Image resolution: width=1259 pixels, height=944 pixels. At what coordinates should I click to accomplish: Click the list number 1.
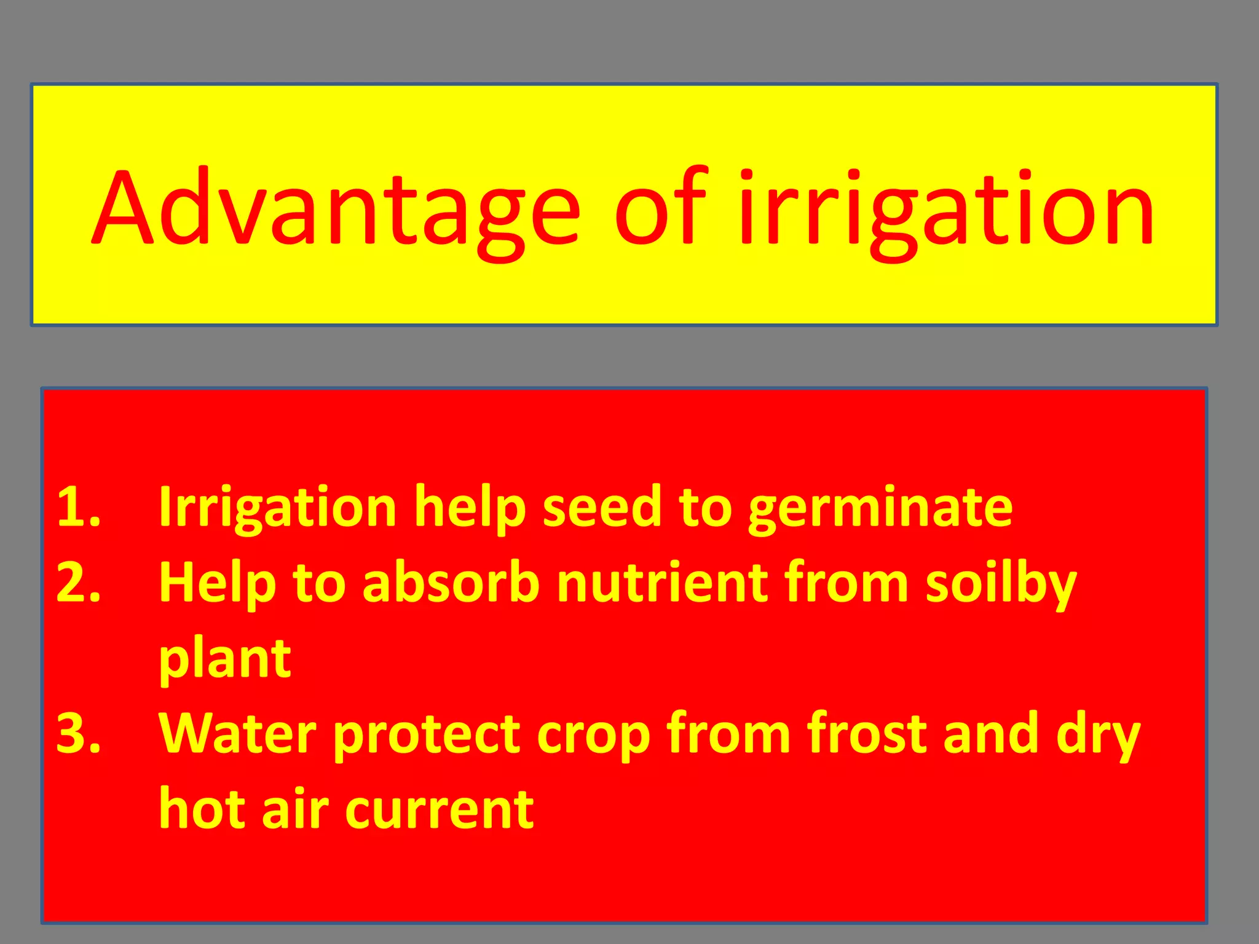[x=78, y=508]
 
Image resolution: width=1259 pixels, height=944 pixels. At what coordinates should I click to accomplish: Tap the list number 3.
[x=78, y=734]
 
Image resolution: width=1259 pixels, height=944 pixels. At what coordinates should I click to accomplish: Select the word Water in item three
[x=237, y=734]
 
